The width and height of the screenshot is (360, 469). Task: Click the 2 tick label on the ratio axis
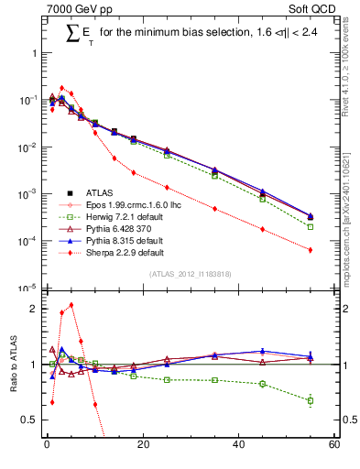tap(34, 309)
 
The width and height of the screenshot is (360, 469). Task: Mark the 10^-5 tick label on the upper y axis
tap(27, 289)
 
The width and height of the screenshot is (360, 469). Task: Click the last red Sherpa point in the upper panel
tap(311, 250)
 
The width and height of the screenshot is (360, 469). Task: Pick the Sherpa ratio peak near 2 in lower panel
tap(71, 305)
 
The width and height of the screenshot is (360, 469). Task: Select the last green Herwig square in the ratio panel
tap(311, 400)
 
